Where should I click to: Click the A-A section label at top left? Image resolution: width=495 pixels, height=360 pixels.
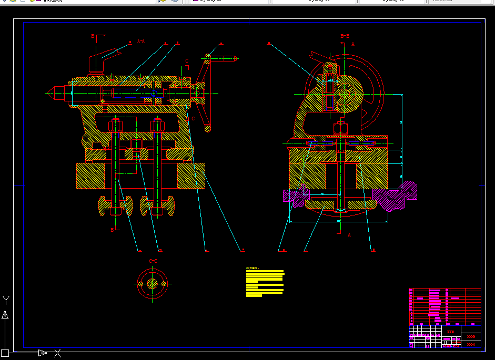pyautogui.click(x=140, y=41)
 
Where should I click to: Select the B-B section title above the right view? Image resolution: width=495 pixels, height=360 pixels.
pyautogui.click(x=345, y=36)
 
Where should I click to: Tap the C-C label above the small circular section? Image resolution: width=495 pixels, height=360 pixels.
pyautogui.click(x=153, y=261)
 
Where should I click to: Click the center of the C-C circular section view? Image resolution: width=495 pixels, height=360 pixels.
pyautogui.click(x=153, y=284)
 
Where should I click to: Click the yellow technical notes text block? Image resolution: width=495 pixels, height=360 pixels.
pyautogui.click(x=265, y=284)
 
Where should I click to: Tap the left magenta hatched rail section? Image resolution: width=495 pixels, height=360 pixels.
pyautogui.click(x=295, y=195)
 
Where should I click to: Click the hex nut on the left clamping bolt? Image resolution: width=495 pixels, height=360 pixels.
pyautogui.click(x=116, y=126)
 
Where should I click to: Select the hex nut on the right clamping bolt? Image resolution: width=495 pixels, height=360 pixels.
pyautogui.click(x=157, y=126)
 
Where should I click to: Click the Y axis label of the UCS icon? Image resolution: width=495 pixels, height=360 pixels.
pyautogui.click(x=6, y=301)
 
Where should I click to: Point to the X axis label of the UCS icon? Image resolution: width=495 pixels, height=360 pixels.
pyautogui.click(x=58, y=353)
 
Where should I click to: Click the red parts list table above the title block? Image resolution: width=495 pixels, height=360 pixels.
pyautogui.click(x=445, y=306)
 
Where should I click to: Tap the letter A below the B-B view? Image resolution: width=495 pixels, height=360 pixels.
pyautogui.click(x=349, y=235)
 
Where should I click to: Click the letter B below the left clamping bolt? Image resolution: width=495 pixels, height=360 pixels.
pyautogui.click(x=112, y=230)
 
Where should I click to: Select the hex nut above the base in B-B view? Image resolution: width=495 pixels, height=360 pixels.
pyautogui.click(x=340, y=127)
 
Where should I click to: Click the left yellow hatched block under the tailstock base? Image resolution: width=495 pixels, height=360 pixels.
pyautogui.click(x=90, y=176)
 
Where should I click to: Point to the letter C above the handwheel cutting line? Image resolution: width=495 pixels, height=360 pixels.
pyautogui.click(x=187, y=61)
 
